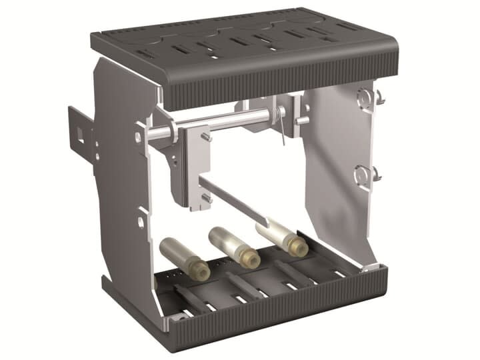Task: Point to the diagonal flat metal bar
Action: tap(233, 201)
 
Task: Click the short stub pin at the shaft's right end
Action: tap(302, 121)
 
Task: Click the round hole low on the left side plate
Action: tap(142, 219)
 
